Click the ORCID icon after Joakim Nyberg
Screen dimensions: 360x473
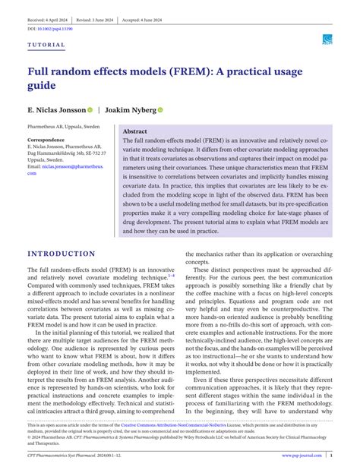click(160, 110)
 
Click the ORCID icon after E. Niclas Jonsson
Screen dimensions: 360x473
click(90, 110)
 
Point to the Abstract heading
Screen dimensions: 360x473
click(134, 131)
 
